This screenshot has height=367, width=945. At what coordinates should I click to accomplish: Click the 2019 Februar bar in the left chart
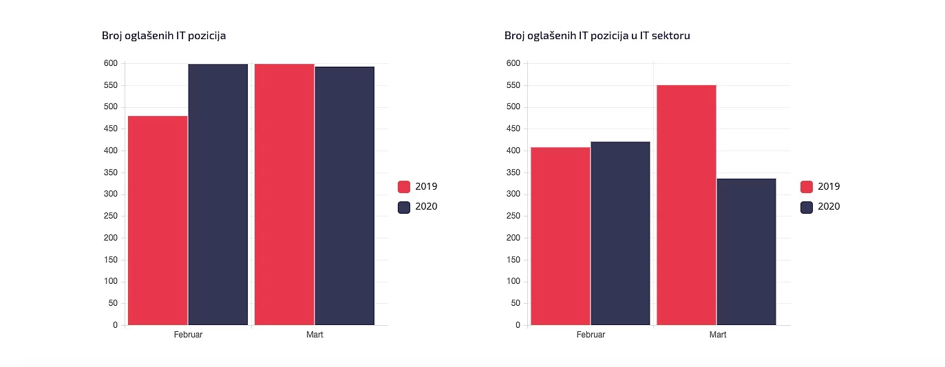click(158, 220)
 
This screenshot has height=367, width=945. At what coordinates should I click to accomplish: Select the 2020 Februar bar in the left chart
click(217, 194)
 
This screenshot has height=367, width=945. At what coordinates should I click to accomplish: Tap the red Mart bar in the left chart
click(284, 194)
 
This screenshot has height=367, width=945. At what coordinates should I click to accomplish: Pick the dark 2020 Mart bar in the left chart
click(344, 195)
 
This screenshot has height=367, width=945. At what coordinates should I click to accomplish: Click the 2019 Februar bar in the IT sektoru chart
click(560, 236)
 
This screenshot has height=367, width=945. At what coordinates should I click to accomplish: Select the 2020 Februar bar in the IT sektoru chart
click(620, 233)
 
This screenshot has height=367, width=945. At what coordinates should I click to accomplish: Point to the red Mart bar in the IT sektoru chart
click(686, 205)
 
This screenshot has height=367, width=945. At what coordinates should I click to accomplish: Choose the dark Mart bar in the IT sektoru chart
click(746, 252)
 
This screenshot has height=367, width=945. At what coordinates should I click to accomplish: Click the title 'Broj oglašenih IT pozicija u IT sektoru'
click(597, 36)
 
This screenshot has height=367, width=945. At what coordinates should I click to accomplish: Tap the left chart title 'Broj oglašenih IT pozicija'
click(164, 36)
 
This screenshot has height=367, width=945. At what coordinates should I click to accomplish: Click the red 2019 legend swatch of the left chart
click(404, 186)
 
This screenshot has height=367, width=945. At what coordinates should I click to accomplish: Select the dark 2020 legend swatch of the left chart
click(404, 207)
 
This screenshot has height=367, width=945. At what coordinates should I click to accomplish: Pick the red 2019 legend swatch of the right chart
click(807, 186)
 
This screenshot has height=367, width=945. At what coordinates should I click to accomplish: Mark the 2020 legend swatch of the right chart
click(807, 207)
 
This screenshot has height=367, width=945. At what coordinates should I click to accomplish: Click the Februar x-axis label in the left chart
click(188, 335)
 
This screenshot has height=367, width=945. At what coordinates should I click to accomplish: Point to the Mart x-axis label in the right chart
click(717, 335)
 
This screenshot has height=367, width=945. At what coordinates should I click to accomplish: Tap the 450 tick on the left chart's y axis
click(110, 129)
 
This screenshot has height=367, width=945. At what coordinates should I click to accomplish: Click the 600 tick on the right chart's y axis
click(513, 63)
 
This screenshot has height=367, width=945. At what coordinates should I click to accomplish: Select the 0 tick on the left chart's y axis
click(115, 325)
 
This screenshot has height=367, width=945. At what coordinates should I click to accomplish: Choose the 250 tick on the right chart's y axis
click(513, 216)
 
